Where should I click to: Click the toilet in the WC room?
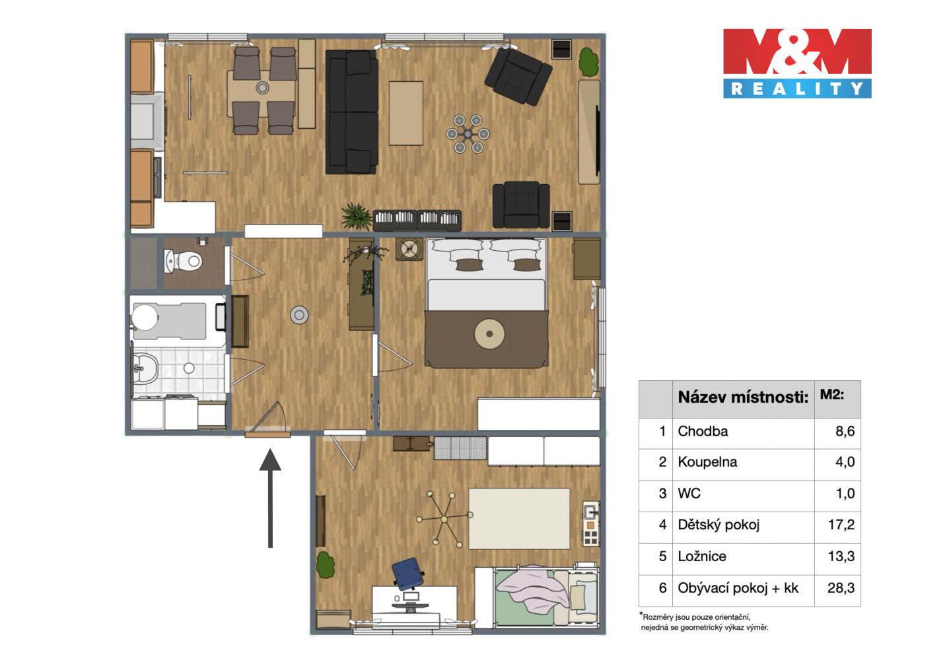point(183,261)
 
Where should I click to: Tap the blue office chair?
point(407,573)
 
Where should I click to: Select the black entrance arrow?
point(270,498)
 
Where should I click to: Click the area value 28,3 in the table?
point(841,588)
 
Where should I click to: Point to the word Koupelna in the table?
point(707,461)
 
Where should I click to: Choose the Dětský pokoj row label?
point(719,525)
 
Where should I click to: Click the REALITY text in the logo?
point(797,88)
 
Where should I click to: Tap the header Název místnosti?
point(743,397)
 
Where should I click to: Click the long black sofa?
point(351,112)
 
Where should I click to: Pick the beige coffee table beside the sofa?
point(406,114)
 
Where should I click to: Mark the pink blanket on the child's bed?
point(532,591)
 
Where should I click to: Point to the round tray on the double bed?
point(489,334)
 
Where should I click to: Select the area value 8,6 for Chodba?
point(845,432)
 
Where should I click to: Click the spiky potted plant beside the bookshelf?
point(357,217)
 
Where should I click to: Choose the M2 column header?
point(831,395)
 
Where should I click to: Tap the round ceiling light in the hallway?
point(299,315)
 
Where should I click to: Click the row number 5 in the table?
point(662,556)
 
